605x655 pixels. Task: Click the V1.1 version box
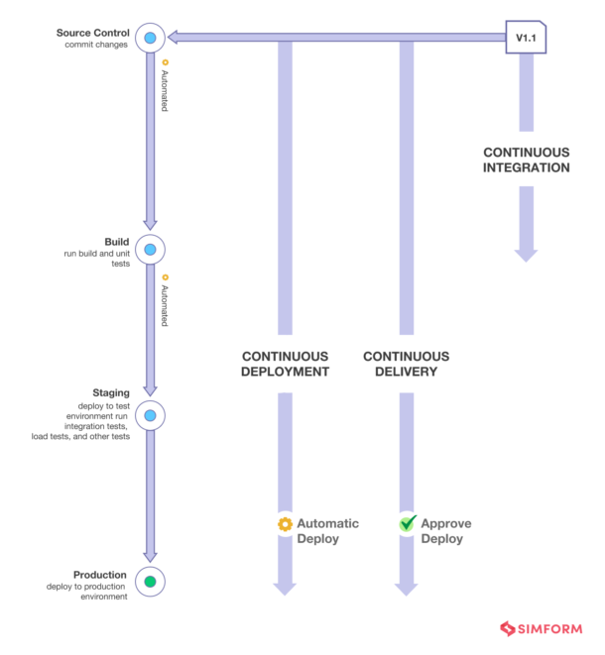(x=526, y=38)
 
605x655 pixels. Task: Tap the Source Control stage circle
(x=150, y=38)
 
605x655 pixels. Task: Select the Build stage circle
(x=150, y=250)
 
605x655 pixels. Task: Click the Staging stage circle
(x=150, y=415)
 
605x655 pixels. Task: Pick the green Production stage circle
(x=150, y=582)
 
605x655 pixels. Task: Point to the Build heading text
(x=116, y=243)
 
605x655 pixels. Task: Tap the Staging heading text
(x=110, y=393)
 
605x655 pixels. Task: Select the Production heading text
(x=100, y=575)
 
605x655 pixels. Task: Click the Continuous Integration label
(x=526, y=160)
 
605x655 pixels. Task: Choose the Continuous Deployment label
(x=285, y=364)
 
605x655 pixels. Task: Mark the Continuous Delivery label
(x=406, y=364)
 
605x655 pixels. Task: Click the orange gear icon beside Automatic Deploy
(x=285, y=524)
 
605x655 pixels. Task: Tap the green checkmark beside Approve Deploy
(x=406, y=524)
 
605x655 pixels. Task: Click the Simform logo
(x=544, y=629)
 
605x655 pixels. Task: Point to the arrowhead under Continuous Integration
(x=526, y=255)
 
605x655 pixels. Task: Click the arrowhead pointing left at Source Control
(x=173, y=38)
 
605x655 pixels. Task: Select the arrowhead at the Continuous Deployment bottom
(x=285, y=589)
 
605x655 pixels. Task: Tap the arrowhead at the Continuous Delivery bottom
(x=406, y=589)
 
